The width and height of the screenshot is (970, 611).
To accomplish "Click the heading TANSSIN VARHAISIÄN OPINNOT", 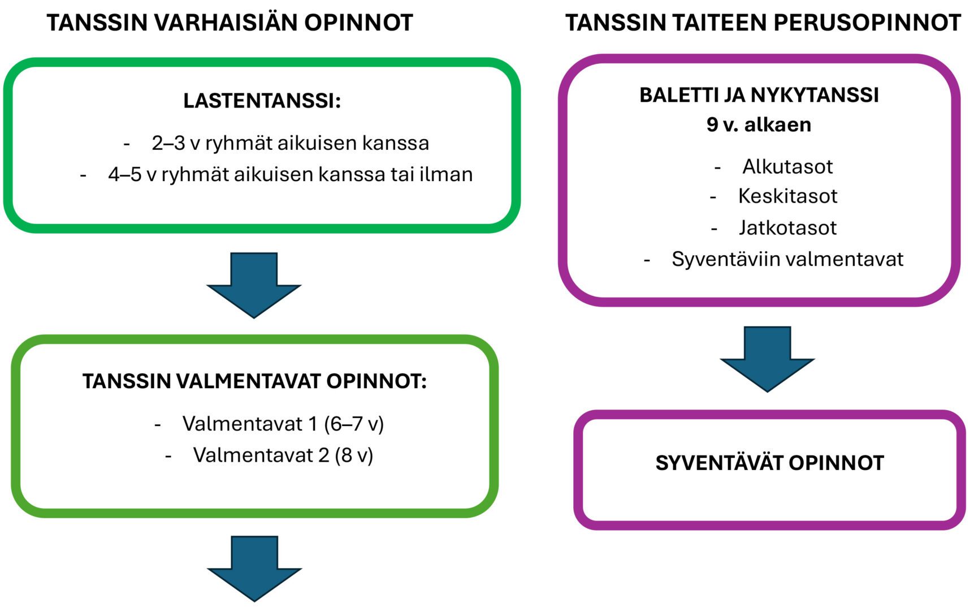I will [229, 23].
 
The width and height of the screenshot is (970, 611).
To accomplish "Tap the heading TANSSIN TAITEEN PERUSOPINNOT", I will [763, 23].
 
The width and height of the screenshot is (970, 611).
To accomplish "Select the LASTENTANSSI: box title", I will [262, 101].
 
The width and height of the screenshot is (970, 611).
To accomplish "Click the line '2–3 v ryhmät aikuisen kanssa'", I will [290, 143].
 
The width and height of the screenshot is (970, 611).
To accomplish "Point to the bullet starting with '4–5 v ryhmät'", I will [290, 174].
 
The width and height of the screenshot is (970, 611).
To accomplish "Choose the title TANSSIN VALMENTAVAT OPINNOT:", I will [254, 381].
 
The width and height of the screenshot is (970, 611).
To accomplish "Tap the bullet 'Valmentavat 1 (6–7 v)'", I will [283, 424].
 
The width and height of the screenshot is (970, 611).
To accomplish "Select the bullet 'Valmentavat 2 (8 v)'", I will [283, 455].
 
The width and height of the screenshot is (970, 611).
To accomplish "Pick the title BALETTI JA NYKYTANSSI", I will [759, 95].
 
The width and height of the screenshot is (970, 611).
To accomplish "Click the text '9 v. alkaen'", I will [759, 124].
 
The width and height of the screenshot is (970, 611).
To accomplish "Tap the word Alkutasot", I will [787, 166].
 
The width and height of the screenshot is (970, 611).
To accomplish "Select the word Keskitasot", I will [787, 196].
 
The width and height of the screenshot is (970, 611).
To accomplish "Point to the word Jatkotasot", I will [787, 227].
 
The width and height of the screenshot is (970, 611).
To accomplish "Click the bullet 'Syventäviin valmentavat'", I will [787, 259].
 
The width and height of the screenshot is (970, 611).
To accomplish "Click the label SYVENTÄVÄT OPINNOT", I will [769, 463].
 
